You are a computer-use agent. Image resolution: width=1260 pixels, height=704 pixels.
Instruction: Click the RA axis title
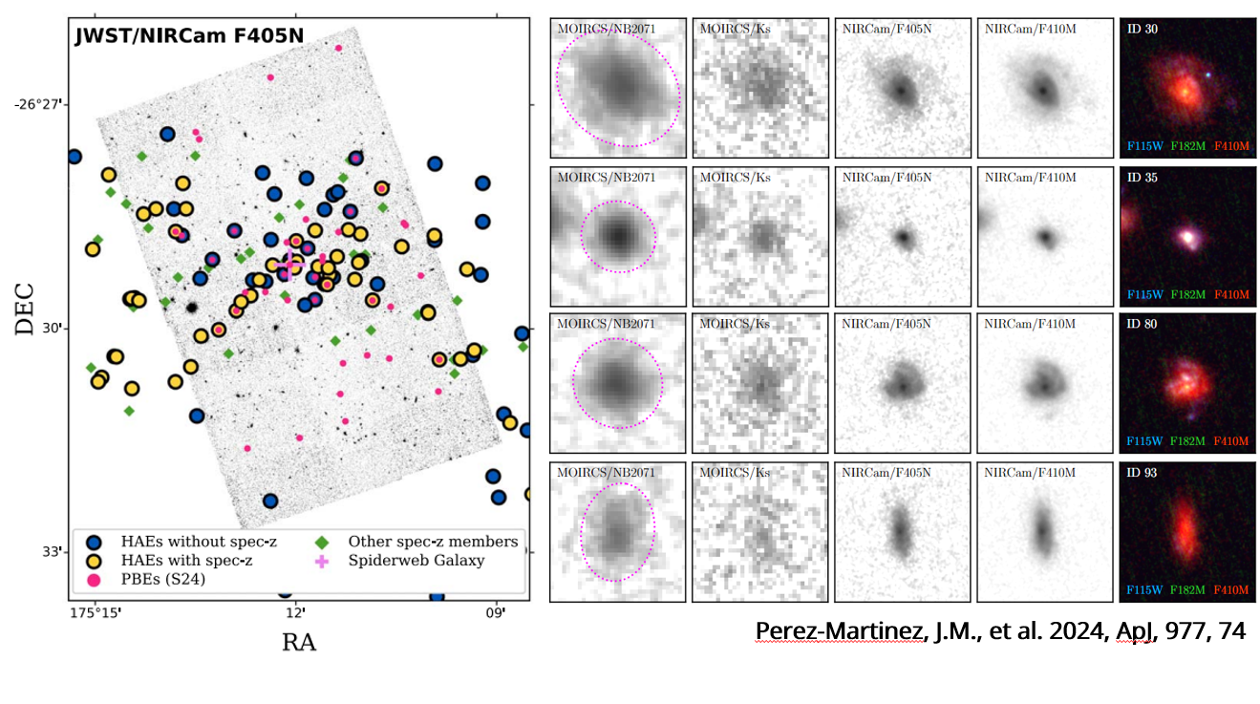pyautogui.click(x=298, y=642)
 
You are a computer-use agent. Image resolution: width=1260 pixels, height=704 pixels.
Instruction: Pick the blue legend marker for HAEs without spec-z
pyautogui.click(x=93, y=542)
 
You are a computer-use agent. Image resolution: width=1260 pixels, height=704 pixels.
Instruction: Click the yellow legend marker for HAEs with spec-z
pyautogui.click(x=93, y=561)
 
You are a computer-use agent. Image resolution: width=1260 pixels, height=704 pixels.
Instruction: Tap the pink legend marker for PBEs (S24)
pyautogui.click(x=93, y=579)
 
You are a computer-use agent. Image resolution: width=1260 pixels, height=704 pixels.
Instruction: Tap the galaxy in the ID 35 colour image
pyautogui.click(x=1187, y=236)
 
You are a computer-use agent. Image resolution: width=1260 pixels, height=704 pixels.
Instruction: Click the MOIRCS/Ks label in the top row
pyautogui.click(x=735, y=29)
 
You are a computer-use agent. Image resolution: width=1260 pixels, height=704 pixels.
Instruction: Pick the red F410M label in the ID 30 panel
pyautogui.click(x=1231, y=146)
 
